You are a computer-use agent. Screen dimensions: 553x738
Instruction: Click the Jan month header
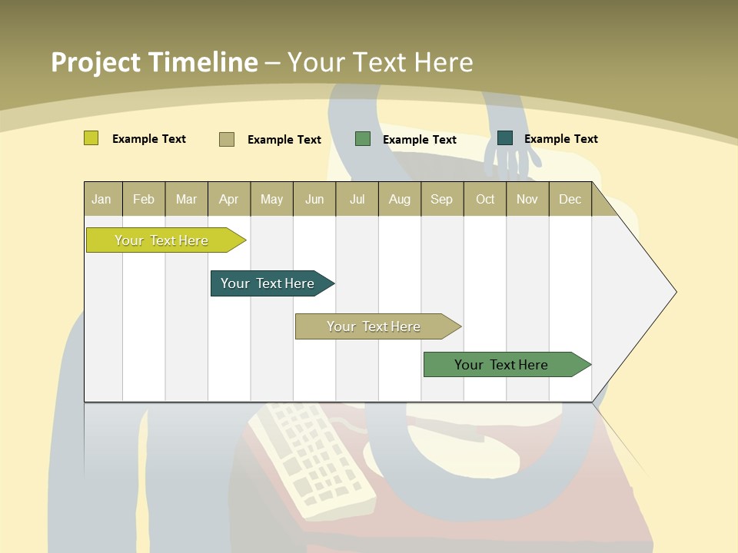102,199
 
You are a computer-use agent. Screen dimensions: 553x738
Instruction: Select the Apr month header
229,199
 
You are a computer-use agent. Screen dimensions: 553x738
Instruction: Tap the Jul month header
357,199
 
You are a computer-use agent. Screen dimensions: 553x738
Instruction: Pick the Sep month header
441,199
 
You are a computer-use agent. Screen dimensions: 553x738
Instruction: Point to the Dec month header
570,199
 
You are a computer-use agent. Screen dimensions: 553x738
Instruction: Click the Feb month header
144,199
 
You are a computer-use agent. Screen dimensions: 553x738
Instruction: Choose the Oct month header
485,199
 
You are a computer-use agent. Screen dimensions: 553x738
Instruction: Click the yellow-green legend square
91,138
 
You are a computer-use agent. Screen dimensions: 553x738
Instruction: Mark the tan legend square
226,139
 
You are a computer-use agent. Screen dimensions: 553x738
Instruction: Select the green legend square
362,138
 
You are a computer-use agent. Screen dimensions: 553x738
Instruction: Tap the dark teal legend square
504,138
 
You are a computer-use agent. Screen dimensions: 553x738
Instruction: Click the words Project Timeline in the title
154,62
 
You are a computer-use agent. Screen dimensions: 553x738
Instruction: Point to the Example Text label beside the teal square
560,139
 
